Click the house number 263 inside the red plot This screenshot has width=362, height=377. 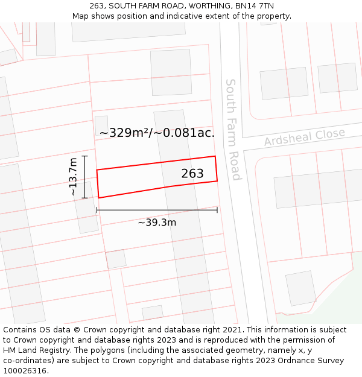pos(192,174)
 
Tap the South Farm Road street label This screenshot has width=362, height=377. pos(233,129)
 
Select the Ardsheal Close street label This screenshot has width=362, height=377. pos(304,137)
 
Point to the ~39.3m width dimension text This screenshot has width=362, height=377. pos(157,223)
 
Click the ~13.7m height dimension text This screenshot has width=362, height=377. pos(73,177)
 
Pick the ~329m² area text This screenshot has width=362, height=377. pos(125,133)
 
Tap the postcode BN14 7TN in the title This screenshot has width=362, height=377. pos(250,5)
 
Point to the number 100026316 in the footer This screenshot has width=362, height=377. pos(24,371)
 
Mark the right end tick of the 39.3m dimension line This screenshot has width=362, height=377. pos(217,210)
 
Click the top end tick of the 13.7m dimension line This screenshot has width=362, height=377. pos(84,156)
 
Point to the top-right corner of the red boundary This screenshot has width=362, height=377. pos(215,156)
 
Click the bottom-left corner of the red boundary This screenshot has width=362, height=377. pos(99,197)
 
